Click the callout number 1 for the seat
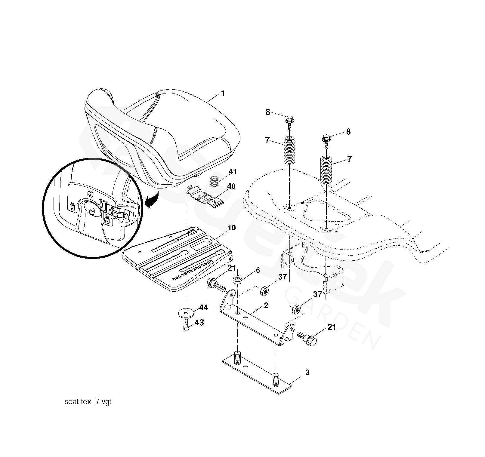[223, 94]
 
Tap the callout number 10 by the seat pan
[232, 228]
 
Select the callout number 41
[233, 172]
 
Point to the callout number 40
[231, 186]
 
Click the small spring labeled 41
[214, 181]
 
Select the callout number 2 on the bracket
[266, 305]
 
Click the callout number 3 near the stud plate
[307, 373]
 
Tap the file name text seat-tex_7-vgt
[88, 402]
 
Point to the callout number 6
[258, 270]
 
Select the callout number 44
[203, 308]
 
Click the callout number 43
[199, 323]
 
